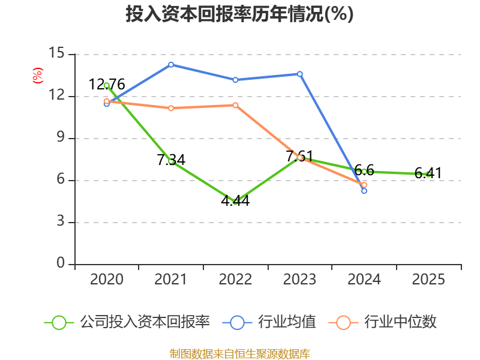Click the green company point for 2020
107,85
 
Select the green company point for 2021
171,161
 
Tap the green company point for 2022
235,202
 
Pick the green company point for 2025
428,174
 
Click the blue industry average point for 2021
171,64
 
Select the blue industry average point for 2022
235,80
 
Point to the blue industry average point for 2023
300,74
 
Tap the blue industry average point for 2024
364,191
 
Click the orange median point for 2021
171,108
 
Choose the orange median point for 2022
235,105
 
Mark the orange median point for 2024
364,185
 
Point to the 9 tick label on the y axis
60,138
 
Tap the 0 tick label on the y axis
60,264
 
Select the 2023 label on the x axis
300,280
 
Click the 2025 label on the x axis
428,280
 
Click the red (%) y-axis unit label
37,76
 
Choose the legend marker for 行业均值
238,322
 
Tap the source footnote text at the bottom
239,353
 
